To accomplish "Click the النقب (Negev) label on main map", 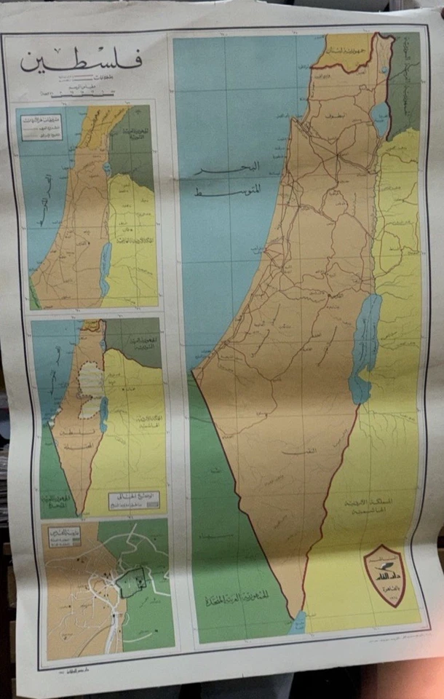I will pyautogui.click(x=293, y=451).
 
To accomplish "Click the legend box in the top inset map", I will pyautogui.click(x=41, y=129).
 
